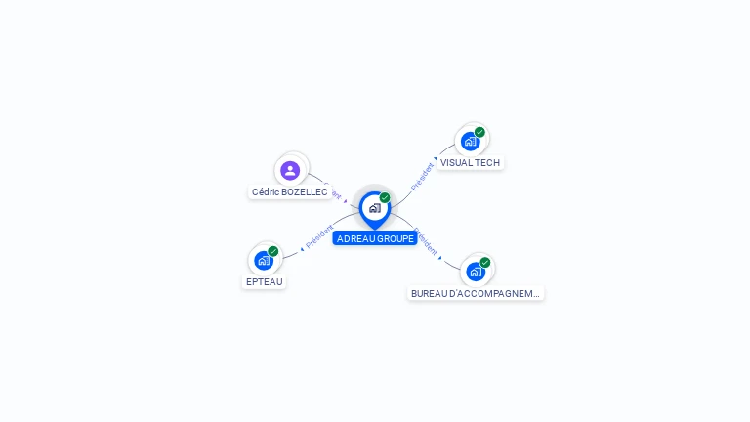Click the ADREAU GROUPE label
click(375, 238)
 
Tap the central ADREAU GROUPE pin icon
click(374, 208)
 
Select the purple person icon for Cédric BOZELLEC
click(290, 170)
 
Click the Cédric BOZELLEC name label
click(290, 192)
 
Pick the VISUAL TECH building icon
click(471, 141)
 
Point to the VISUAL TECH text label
click(470, 163)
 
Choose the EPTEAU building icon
click(264, 261)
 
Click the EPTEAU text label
click(264, 282)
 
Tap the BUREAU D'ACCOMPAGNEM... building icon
click(476, 272)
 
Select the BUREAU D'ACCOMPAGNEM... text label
click(476, 293)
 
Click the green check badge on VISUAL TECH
click(479, 132)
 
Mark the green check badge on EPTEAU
click(273, 251)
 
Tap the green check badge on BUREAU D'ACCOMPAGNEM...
click(485, 262)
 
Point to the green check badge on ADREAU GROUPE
click(385, 198)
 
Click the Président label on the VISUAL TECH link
click(422, 177)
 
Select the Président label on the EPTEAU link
click(318, 237)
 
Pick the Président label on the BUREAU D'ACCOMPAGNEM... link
click(426, 241)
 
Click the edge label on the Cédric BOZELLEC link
click(333, 191)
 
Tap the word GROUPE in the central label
click(395, 238)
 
